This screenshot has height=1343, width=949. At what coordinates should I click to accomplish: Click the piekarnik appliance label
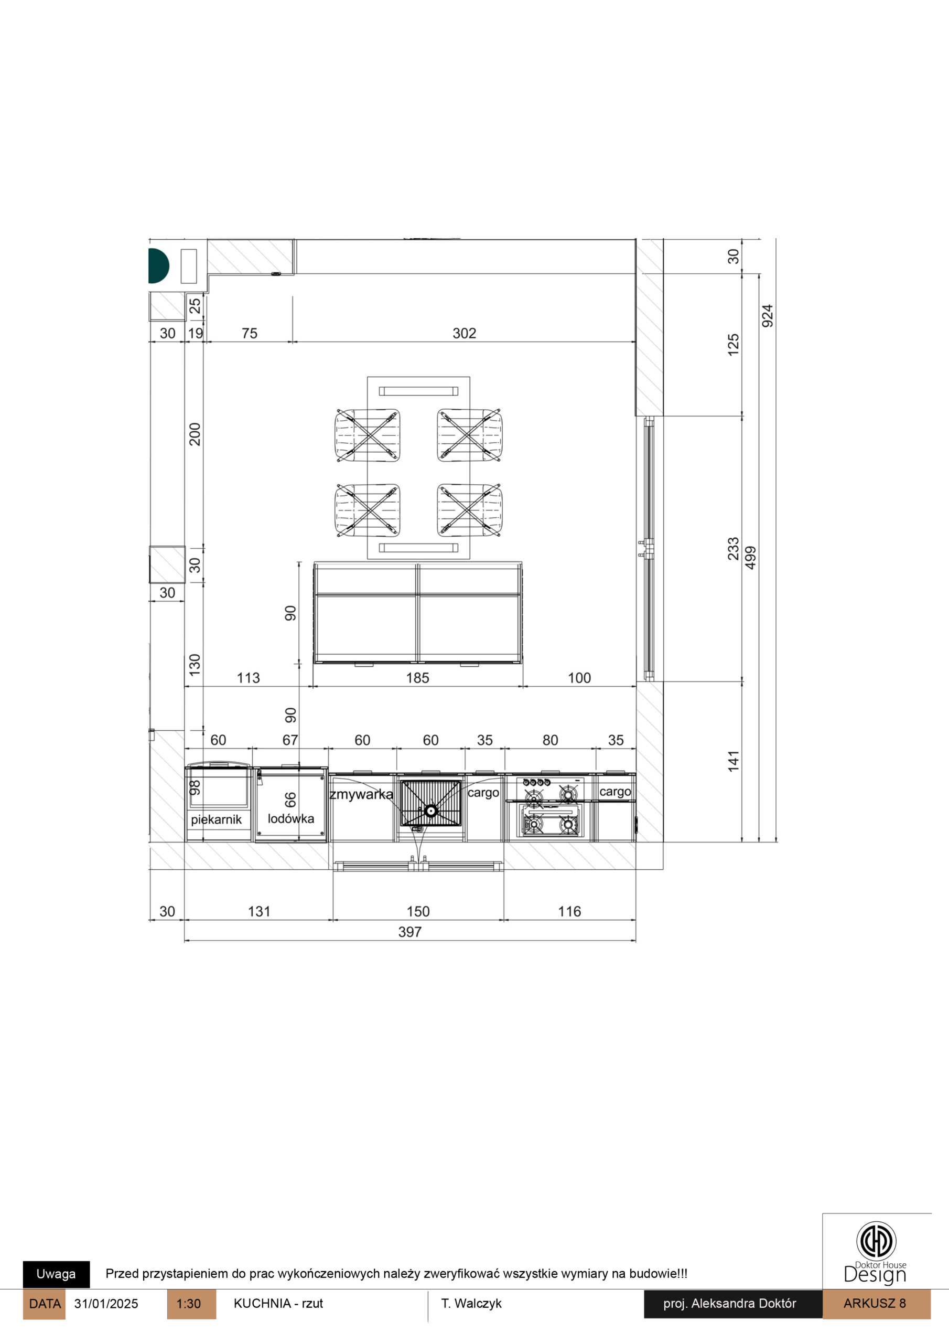coord(217,819)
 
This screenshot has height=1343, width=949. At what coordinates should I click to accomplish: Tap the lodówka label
coord(290,818)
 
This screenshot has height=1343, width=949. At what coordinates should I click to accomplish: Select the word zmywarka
coord(361,794)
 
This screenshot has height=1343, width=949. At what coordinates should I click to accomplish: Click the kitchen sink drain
coord(431,811)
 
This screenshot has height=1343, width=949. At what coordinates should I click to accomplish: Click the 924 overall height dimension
coord(767,316)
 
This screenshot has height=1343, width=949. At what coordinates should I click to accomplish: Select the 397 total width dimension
coord(410,932)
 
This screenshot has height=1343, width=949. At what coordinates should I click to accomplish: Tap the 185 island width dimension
coord(417,678)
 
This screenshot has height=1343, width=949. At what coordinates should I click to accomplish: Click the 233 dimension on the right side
coord(733,549)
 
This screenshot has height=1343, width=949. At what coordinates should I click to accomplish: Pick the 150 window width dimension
coord(418,911)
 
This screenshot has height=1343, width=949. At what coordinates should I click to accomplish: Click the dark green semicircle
coord(158,265)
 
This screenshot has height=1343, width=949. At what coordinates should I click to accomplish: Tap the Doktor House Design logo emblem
coord(876,1240)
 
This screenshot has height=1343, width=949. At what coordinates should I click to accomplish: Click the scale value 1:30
coord(188,1304)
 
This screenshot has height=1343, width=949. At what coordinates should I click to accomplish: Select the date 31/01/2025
coord(106,1304)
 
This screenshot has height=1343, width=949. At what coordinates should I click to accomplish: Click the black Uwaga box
coord(56,1274)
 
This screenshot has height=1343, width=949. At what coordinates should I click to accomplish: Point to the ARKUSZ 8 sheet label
coord(875,1303)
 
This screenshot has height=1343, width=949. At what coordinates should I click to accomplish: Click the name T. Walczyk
coord(471,1304)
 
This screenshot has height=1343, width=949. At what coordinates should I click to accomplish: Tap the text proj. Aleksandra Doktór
coord(730,1304)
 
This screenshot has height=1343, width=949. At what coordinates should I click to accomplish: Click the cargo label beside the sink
coord(483,793)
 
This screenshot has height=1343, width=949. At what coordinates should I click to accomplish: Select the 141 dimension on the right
coord(733,761)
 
